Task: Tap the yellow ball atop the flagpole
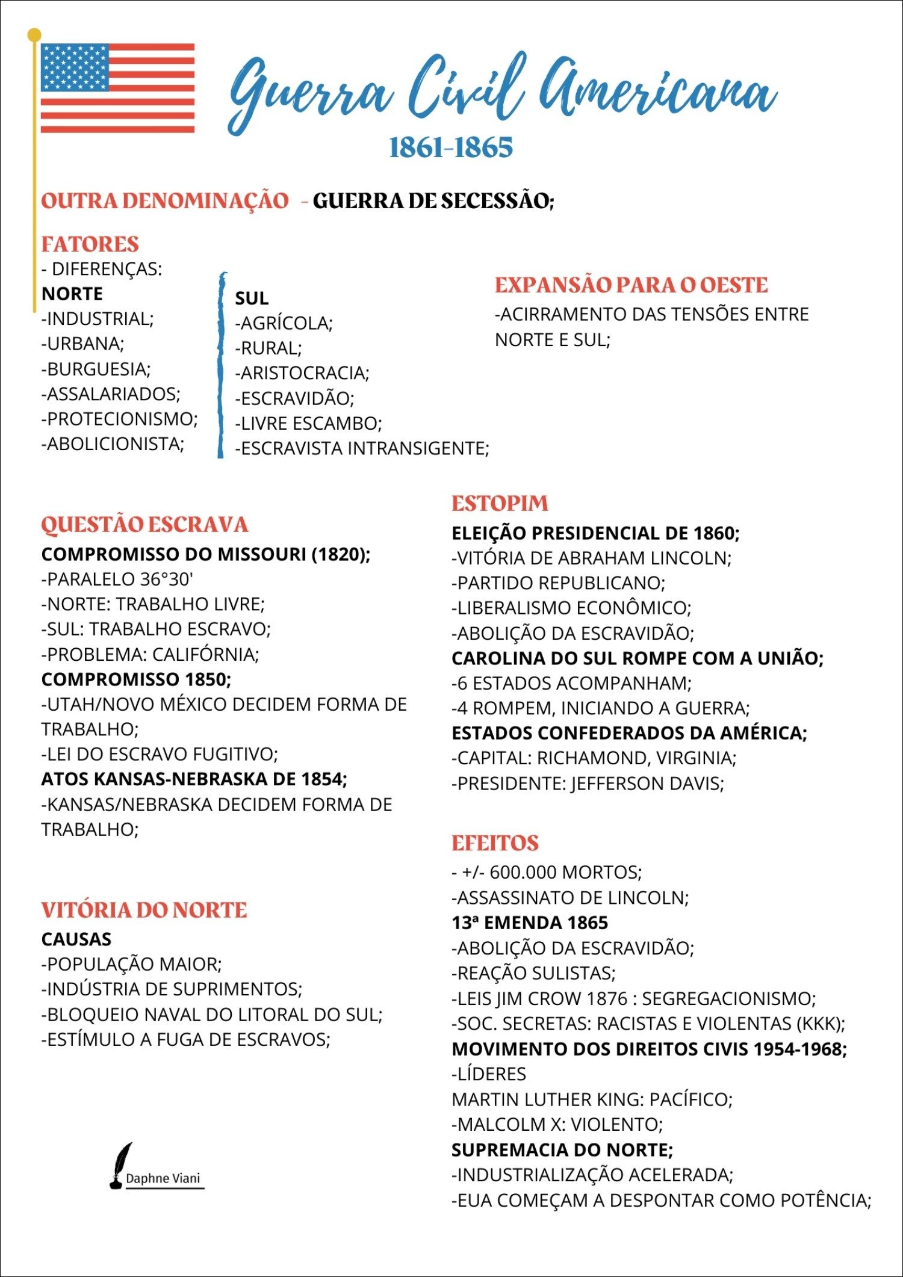[34, 35]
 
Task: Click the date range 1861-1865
[451, 148]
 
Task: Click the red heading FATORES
[90, 244]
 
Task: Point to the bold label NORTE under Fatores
[72, 294]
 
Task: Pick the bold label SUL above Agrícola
[252, 298]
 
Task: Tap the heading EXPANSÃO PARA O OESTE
[631, 285]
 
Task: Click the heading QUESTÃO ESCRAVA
[144, 524]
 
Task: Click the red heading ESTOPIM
[500, 504]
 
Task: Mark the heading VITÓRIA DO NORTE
[144, 910]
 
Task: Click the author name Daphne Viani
[163, 1178]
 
